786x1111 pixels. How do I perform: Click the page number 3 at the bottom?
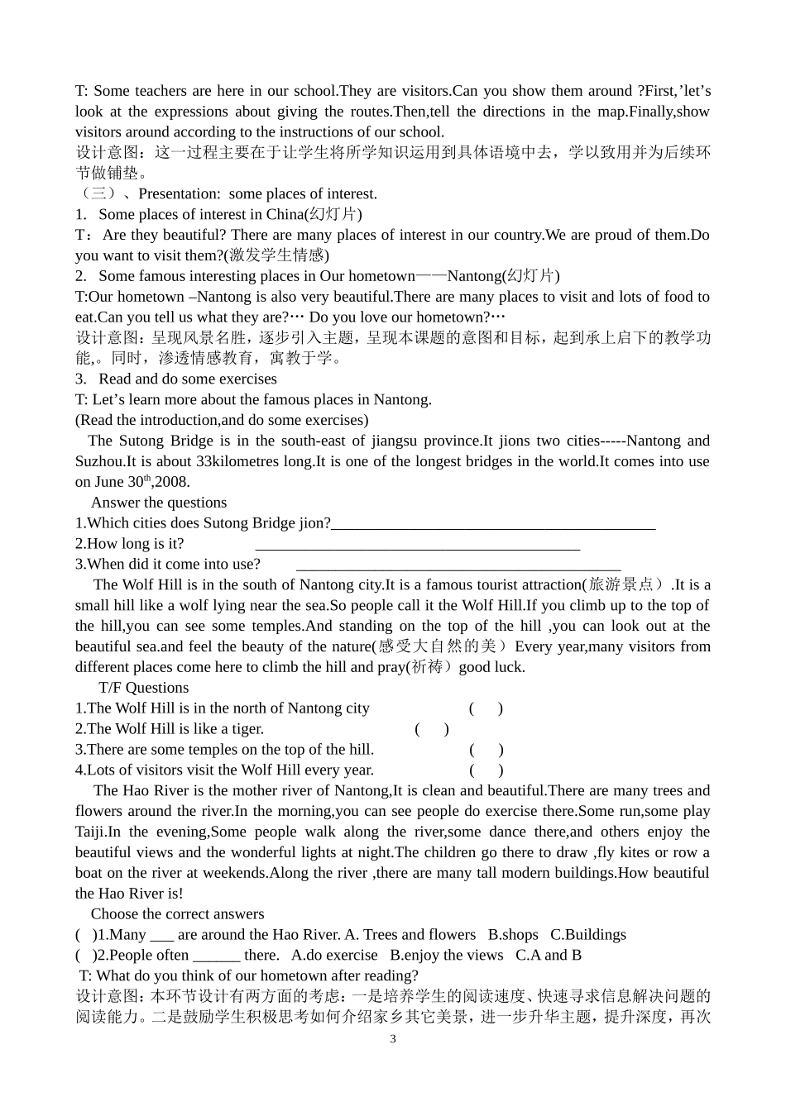pos(393,1039)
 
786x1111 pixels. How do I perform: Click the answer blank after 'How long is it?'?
pos(418,546)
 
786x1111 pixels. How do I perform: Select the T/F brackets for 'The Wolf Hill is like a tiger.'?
pos(432,729)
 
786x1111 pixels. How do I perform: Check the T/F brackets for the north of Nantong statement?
pos(486,708)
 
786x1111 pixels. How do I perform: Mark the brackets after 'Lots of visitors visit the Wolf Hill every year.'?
pos(486,770)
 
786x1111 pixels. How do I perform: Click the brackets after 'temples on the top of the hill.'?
pos(486,750)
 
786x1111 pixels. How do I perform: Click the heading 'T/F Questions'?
pos(143,688)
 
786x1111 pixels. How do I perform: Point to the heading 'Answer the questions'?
pos(158,503)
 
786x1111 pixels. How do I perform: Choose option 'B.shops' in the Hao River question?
pos(513,935)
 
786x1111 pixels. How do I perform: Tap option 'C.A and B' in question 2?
pos(549,956)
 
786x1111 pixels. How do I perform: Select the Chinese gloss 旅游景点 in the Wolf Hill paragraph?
pos(623,585)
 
